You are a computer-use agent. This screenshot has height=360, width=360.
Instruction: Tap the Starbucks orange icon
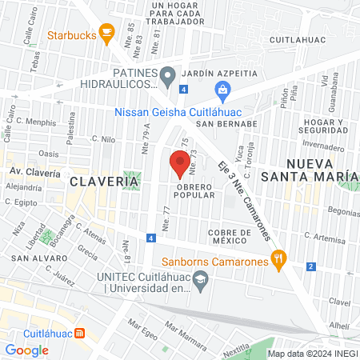pos(106,34)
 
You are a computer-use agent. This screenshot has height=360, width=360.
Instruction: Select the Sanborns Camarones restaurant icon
pos(278,258)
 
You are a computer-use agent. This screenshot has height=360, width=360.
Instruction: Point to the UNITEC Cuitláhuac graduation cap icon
pos(202,280)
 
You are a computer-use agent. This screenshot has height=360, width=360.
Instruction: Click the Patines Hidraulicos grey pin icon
pos(167,78)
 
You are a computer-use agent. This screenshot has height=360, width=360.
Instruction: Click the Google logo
pos(27,350)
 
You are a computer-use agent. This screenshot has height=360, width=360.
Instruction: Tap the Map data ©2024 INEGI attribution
pos(312,353)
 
